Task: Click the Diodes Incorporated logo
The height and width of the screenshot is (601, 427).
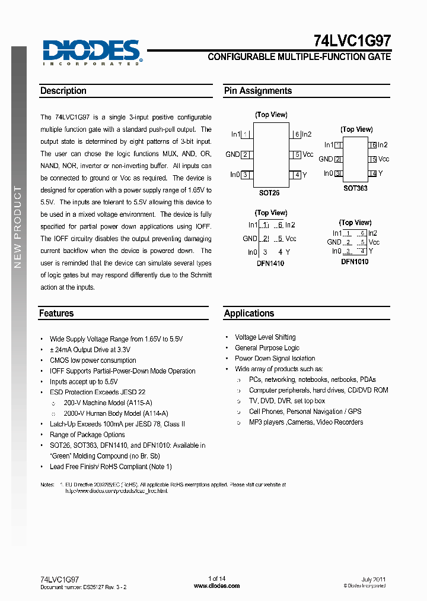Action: [x=92, y=52]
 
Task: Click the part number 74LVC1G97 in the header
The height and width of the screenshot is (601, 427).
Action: [x=352, y=40]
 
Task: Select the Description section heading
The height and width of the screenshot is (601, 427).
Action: [x=63, y=91]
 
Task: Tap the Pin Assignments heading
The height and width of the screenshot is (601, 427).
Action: [x=257, y=91]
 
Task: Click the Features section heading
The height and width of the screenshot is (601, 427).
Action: [x=56, y=313]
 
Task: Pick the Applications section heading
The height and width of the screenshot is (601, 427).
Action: [x=249, y=313]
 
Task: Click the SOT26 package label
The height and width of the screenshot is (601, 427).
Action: [x=269, y=193]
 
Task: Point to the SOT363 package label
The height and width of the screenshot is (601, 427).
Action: [x=356, y=188]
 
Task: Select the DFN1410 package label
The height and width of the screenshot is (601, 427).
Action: [x=270, y=263]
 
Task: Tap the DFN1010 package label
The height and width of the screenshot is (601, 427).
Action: [x=355, y=261]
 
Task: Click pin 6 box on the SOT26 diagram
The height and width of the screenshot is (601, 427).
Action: [x=296, y=135]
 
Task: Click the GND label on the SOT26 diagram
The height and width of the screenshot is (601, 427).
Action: [x=232, y=154]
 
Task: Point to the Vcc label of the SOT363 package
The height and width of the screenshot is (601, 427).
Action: [x=384, y=159]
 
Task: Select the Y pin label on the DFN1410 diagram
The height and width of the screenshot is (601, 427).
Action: [x=288, y=252]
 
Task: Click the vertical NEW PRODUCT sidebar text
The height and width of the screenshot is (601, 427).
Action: [x=18, y=226]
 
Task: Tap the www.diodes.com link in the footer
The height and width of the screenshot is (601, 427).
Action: [x=216, y=586]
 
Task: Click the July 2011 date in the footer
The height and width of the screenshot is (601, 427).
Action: [x=374, y=579]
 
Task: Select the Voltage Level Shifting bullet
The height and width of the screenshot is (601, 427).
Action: [x=265, y=337]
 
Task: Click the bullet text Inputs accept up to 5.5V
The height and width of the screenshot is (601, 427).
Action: [x=84, y=382]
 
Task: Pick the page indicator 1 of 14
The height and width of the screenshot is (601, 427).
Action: [x=216, y=578]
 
